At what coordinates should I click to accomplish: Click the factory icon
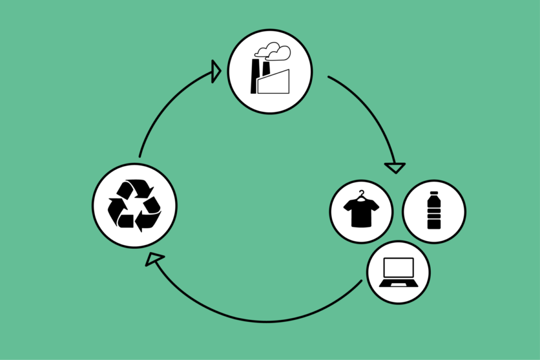click(x=270, y=71)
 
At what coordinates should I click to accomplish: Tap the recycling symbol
click(x=134, y=206)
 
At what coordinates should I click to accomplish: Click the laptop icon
click(x=399, y=273)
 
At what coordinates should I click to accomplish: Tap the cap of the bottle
click(x=434, y=194)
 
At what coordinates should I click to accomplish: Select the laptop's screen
click(x=399, y=268)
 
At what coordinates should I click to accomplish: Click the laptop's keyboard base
click(x=399, y=284)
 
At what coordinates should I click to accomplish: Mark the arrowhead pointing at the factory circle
click(x=216, y=71)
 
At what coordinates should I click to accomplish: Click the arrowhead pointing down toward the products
click(x=395, y=168)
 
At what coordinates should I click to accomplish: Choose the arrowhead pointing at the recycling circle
click(x=154, y=258)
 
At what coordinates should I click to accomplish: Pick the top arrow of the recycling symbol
click(x=138, y=188)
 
